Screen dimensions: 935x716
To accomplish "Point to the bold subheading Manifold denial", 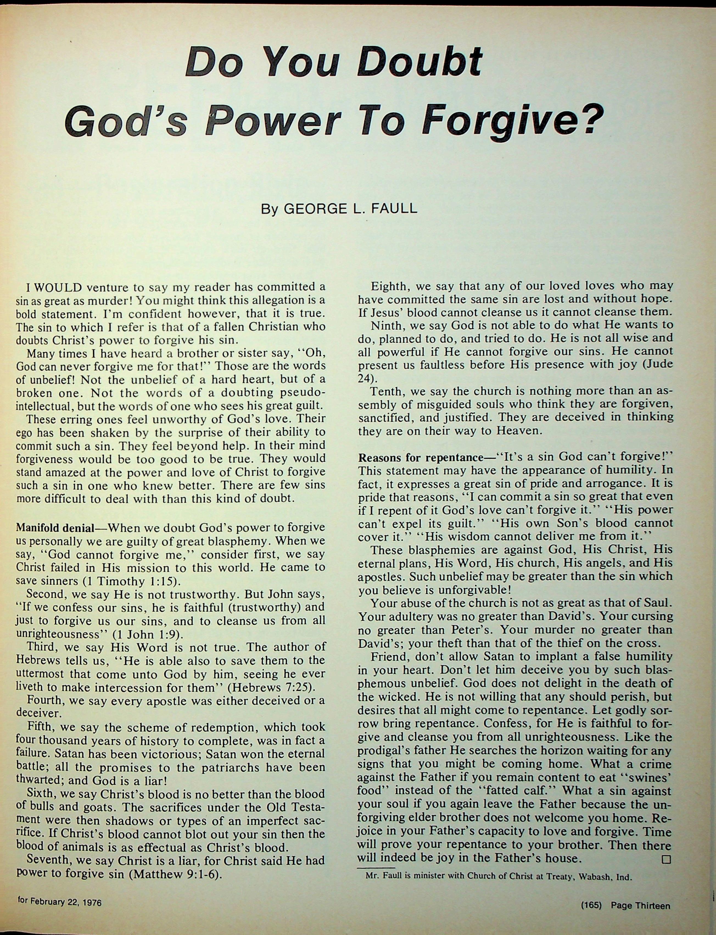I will [55, 528].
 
